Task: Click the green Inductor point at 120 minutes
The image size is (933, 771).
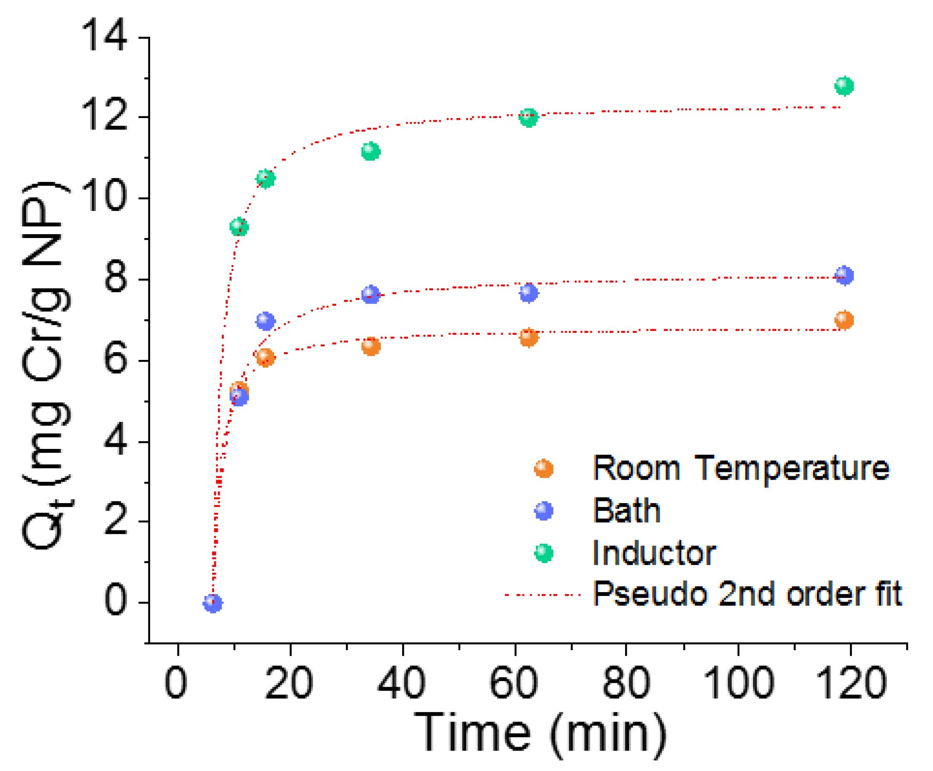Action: pos(844,86)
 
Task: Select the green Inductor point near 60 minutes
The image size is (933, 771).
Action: pos(528,118)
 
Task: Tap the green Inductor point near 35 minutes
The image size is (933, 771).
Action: pos(371,151)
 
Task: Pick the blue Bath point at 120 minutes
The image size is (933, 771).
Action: pos(844,275)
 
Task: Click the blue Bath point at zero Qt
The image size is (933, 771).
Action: pos(212,603)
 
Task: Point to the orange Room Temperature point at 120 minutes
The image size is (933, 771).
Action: pos(844,319)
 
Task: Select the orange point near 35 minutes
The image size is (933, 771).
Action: pos(371,346)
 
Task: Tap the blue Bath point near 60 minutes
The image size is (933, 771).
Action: pos(528,293)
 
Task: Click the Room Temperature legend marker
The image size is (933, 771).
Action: pos(543,469)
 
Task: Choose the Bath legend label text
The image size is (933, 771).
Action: pos(626,511)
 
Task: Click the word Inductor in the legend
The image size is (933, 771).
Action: pos(654,553)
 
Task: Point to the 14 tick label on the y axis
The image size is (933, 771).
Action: pos(104,36)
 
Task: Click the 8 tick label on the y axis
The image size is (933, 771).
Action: pos(116,278)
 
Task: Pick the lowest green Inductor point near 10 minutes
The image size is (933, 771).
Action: pos(239,227)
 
